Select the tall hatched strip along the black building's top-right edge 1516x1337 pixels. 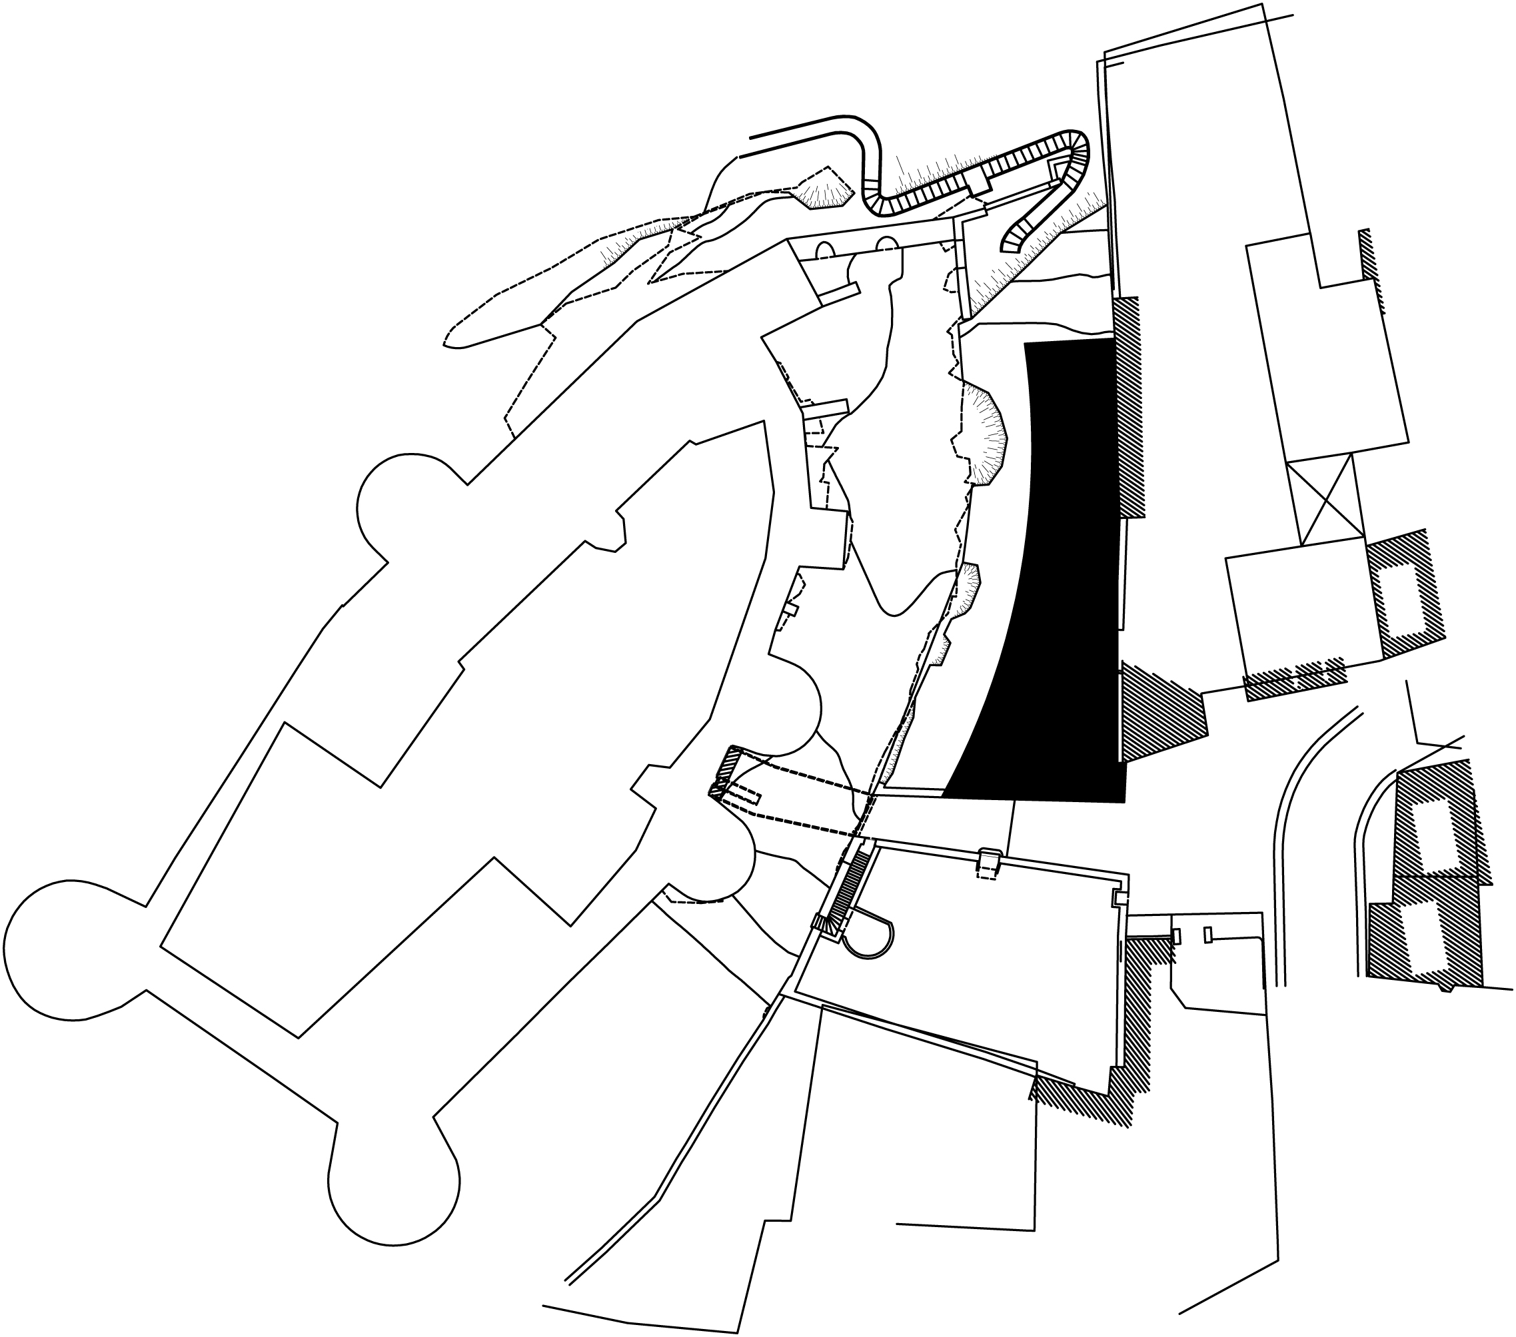point(1130,408)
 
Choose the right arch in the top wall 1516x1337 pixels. point(886,245)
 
